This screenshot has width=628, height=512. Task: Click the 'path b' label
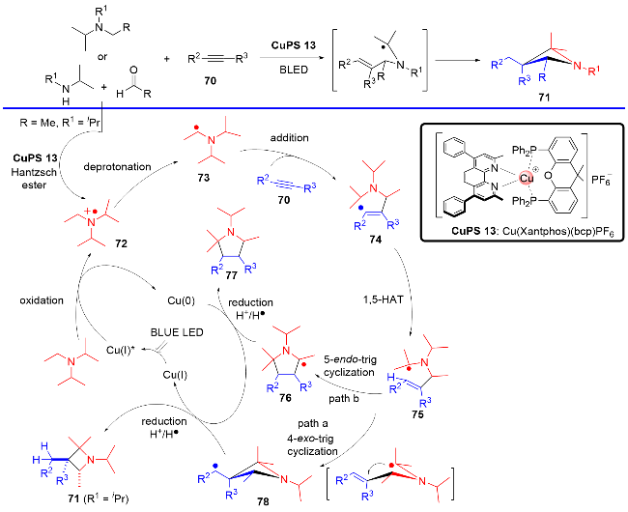pos(363,397)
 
